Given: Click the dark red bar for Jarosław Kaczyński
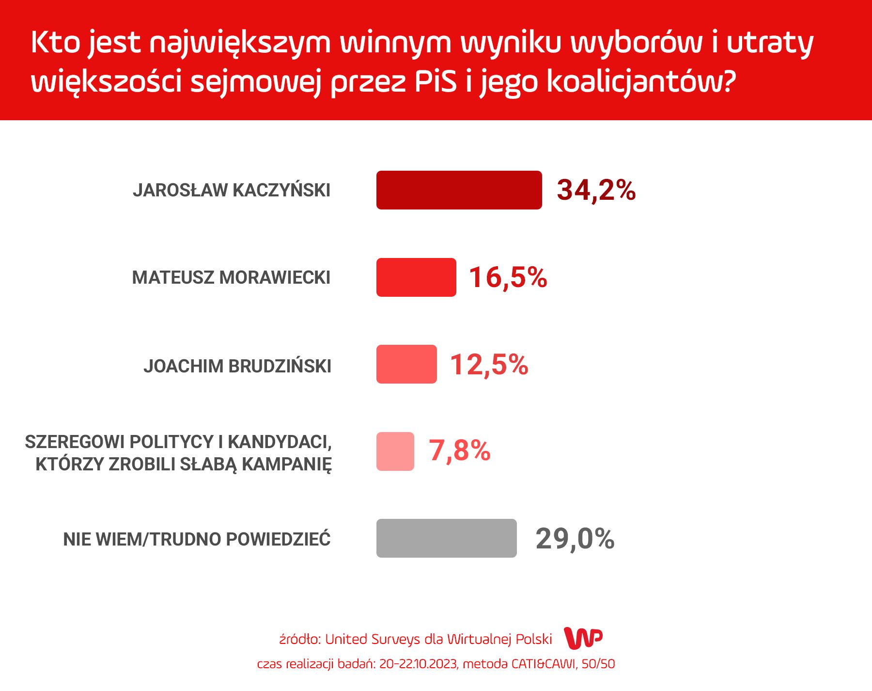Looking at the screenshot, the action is pyautogui.click(x=459, y=190).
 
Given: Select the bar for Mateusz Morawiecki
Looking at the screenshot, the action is pyautogui.click(x=416, y=277).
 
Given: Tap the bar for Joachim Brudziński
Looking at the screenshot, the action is pyautogui.click(x=406, y=364).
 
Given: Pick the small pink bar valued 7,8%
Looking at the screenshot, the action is pyautogui.click(x=395, y=451).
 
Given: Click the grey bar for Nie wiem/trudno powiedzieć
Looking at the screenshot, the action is pyautogui.click(x=447, y=538).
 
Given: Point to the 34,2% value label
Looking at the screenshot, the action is pyautogui.click(x=596, y=190).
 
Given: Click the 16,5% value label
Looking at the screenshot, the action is pyautogui.click(x=508, y=277).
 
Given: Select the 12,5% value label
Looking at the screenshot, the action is pyautogui.click(x=489, y=365).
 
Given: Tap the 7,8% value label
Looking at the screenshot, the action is pyautogui.click(x=460, y=451).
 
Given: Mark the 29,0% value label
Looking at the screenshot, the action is pyautogui.click(x=575, y=539).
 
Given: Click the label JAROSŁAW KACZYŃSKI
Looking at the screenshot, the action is pyautogui.click(x=232, y=190).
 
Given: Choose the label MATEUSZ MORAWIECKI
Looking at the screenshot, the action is pyautogui.click(x=231, y=278).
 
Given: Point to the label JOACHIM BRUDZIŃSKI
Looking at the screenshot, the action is pyautogui.click(x=237, y=366).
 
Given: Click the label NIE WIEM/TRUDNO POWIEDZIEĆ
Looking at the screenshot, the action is pyautogui.click(x=197, y=539).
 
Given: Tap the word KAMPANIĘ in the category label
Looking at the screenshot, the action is pyautogui.click(x=287, y=465).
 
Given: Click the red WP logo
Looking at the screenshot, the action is pyautogui.click(x=583, y=638).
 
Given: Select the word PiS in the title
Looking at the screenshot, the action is pyautogui.click(x=436, y=81).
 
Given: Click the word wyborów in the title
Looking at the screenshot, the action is pyautogui.click(x=637, y=42).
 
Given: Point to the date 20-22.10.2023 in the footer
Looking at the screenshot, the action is pyautogui.click(x=419, y=664).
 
